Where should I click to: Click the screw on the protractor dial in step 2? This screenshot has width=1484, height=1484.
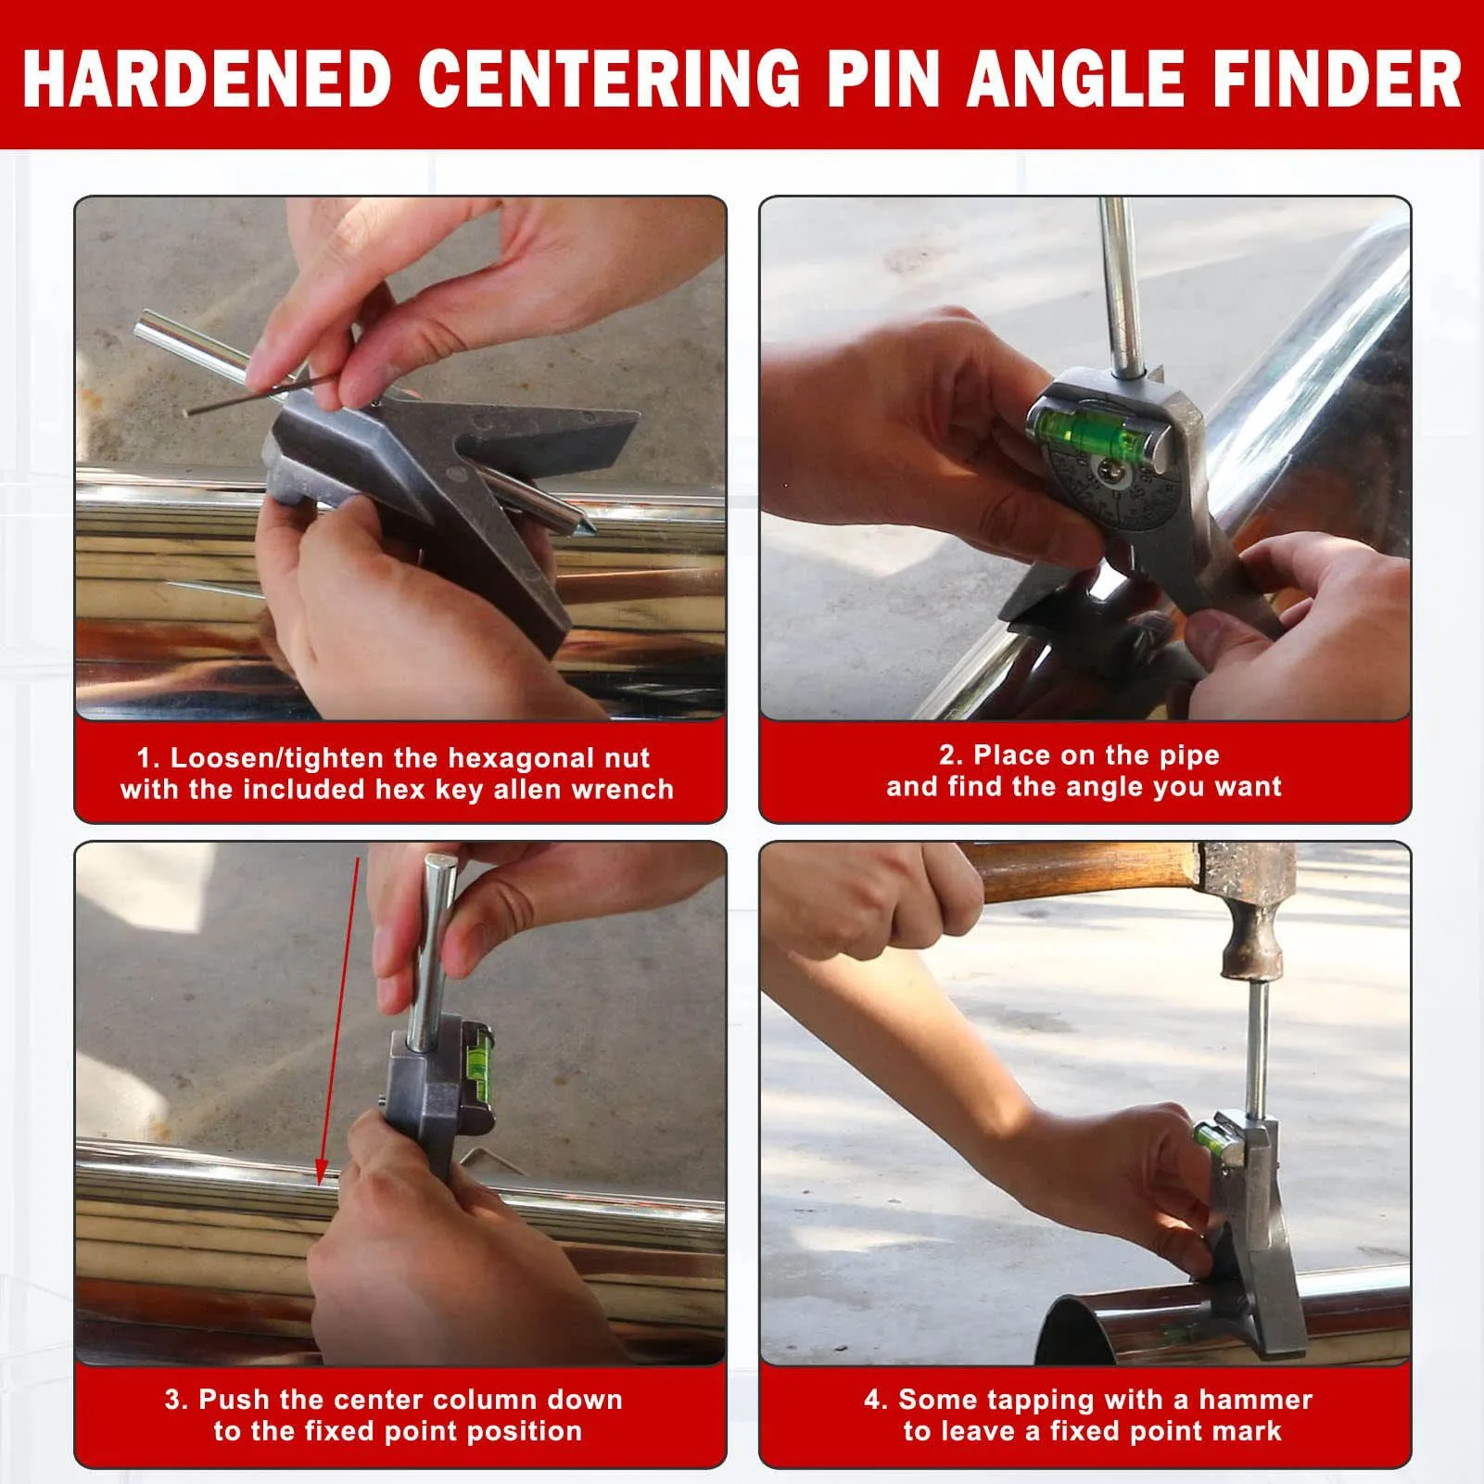[x=1110, y=474]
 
